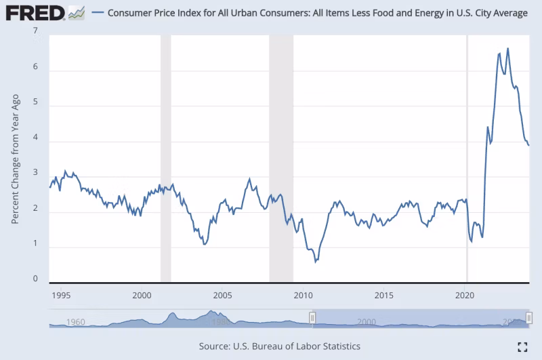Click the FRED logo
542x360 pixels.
pos(35,12)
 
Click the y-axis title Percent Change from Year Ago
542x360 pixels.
pos(15,158)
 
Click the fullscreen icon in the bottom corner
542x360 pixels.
pos(522,346)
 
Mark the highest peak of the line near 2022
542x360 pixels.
pos(508,48)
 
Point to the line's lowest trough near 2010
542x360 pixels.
pos(316,261)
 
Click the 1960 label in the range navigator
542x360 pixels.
pos(77,321)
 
